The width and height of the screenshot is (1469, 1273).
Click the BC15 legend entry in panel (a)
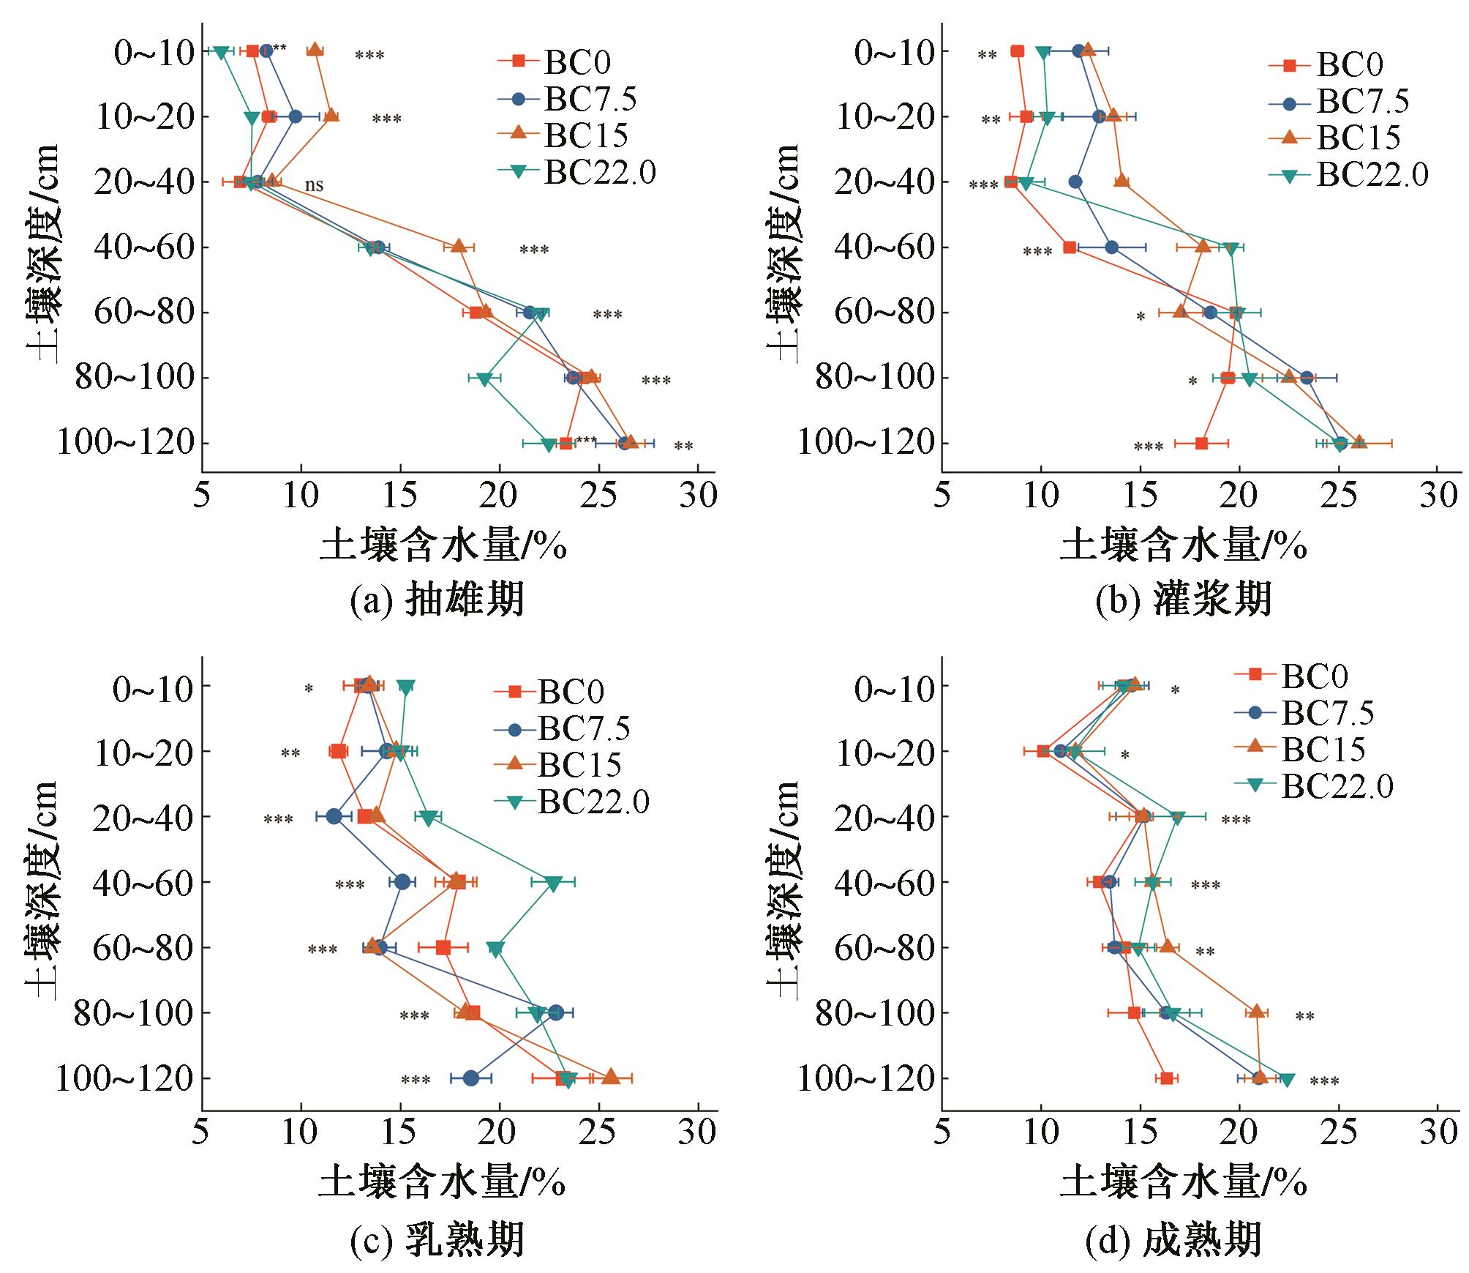[x=585, y=135]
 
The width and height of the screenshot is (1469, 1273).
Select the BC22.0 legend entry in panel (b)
[x=1372, y=175]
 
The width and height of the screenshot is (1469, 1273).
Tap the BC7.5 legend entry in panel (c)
[x=584, y=729]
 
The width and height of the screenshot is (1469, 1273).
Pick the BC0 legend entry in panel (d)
[x=1313, y=676]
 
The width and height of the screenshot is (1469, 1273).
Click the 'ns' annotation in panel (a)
[x=314, y=185]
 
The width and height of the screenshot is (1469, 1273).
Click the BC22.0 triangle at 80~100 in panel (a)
[x=484, y=378]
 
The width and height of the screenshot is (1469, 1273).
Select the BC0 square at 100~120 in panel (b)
[x=1201, y=444]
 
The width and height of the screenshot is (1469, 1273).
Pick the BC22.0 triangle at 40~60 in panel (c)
[x=553, y=884]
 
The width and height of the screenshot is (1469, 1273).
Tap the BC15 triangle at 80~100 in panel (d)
[x=1257, y=1012]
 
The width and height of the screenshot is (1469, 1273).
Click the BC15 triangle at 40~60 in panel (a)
[x=459, y=247]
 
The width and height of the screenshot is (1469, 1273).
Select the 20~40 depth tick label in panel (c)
[x=143, y=817]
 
